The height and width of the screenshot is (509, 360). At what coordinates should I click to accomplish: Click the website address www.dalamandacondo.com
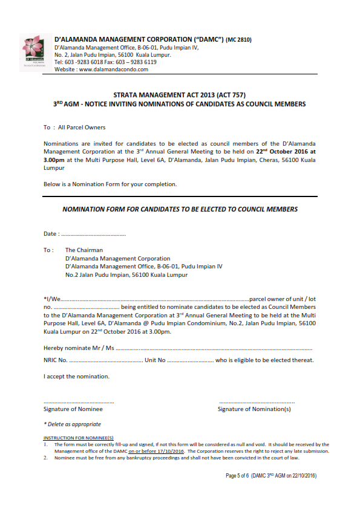click(113, 70)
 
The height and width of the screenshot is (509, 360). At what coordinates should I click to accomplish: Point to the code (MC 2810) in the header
click(238, 40)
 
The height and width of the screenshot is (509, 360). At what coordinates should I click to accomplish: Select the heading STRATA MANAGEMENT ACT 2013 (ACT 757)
click(180, 96)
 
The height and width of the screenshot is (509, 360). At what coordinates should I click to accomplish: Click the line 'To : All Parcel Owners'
click(74, 128)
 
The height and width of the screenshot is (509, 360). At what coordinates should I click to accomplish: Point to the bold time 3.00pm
click(54, 160)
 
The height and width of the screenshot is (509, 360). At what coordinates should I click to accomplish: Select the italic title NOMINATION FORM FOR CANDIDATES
click(180, 209)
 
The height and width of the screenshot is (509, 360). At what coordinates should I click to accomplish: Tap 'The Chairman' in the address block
click(84, 250)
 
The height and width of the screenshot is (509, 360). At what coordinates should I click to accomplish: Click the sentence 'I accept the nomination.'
click(76, 377)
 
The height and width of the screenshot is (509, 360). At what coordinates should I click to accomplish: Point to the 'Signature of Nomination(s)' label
click(254, 409)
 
